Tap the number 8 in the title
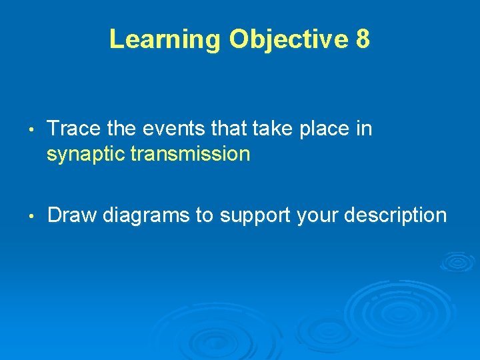(x=363, y=40)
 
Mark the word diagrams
(x=149, y=216)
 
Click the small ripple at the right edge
(x=457, y=261)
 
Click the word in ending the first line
(x=364, y=128)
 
